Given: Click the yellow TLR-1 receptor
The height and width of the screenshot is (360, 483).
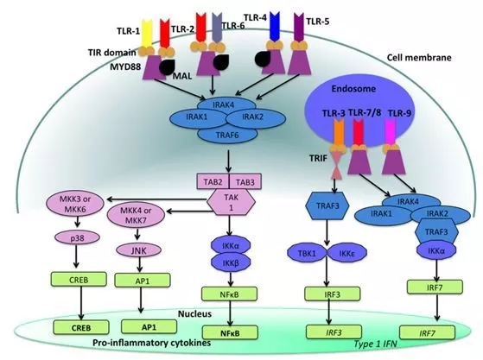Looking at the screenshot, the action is (147, 33).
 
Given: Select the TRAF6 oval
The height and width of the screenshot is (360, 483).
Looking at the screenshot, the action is (227, 135).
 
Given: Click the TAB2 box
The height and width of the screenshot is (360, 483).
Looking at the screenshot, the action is (213, 182).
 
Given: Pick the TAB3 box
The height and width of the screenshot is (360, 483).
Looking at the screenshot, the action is (245, 182).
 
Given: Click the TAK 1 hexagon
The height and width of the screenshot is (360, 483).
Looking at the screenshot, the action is (231, 202).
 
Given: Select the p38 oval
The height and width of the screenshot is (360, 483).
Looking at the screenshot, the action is (77, 237).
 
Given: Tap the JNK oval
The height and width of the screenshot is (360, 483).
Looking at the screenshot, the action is (139, 250).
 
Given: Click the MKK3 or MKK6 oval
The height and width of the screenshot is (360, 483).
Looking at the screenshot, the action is (75, 205).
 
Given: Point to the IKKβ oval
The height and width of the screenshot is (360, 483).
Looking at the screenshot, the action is (231, 262).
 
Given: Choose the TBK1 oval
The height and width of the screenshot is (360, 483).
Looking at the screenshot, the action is (307, 253).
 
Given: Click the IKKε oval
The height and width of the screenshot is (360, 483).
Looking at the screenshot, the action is (347, 253).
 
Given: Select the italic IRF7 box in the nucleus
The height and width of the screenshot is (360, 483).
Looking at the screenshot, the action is (427, 333).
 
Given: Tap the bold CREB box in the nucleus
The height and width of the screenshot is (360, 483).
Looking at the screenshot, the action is (81, 327).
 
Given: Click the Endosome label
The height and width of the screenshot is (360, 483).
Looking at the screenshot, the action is (353, 89).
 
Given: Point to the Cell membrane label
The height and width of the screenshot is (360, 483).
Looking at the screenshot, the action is (419, 58).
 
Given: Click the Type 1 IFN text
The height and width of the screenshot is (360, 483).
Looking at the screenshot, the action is (375, 344).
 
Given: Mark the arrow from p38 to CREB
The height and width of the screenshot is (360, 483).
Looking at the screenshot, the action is (76, 256).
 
